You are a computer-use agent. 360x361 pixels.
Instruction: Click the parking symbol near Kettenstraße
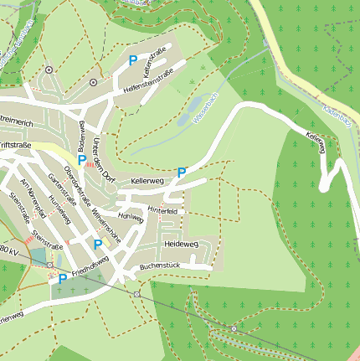point(133,60)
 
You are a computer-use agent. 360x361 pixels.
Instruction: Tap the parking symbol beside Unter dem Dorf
point(82,159)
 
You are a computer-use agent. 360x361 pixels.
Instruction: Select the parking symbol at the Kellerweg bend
point(182,173)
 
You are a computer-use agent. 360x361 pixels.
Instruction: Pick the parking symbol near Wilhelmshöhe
point(98,245)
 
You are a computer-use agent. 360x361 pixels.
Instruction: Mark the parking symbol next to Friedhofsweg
point(62,279)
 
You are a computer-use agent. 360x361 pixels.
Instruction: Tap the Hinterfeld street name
point(163,210)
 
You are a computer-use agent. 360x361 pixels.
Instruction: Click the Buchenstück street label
point(161,266)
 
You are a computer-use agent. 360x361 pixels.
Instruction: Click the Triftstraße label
point(15,145)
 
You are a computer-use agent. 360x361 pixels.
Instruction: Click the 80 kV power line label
point(8,250)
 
